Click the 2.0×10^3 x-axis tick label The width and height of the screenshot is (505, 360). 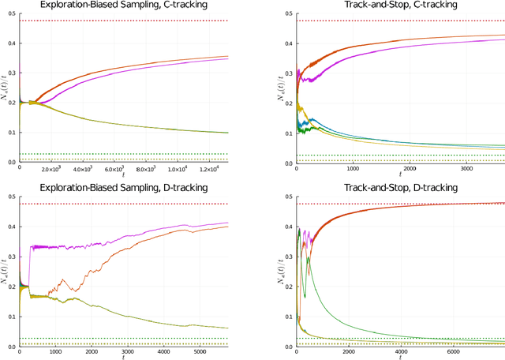(51, 169)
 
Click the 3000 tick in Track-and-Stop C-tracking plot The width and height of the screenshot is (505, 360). (465, 169)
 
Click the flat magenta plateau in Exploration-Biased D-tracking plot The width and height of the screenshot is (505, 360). (55, 246)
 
